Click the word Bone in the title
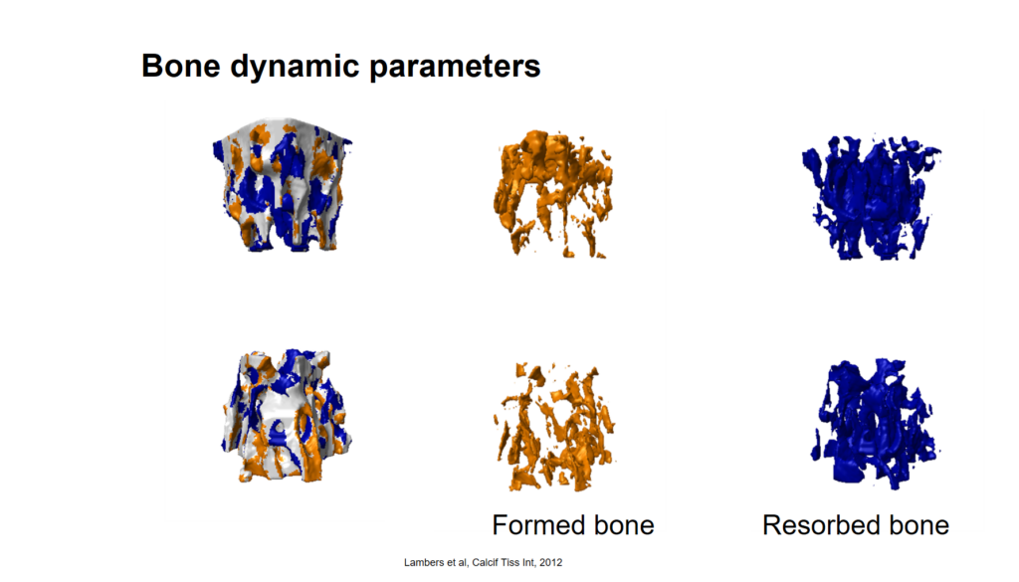pos(181,66)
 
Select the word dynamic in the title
pos(295,68)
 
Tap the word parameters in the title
pos(455,68)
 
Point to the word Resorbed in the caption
pos(821,525)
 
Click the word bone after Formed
pos(624,525)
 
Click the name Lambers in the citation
pos(422,562)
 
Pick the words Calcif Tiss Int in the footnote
pos(504,562)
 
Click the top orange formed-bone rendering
pos(553,194)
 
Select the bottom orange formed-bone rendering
pos(554,426)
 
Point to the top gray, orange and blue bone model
pos(282,185)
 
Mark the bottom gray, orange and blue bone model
pos(287,416)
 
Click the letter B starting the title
pos(151,66)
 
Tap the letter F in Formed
pos(500,525)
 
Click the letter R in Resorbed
pos(771,525)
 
